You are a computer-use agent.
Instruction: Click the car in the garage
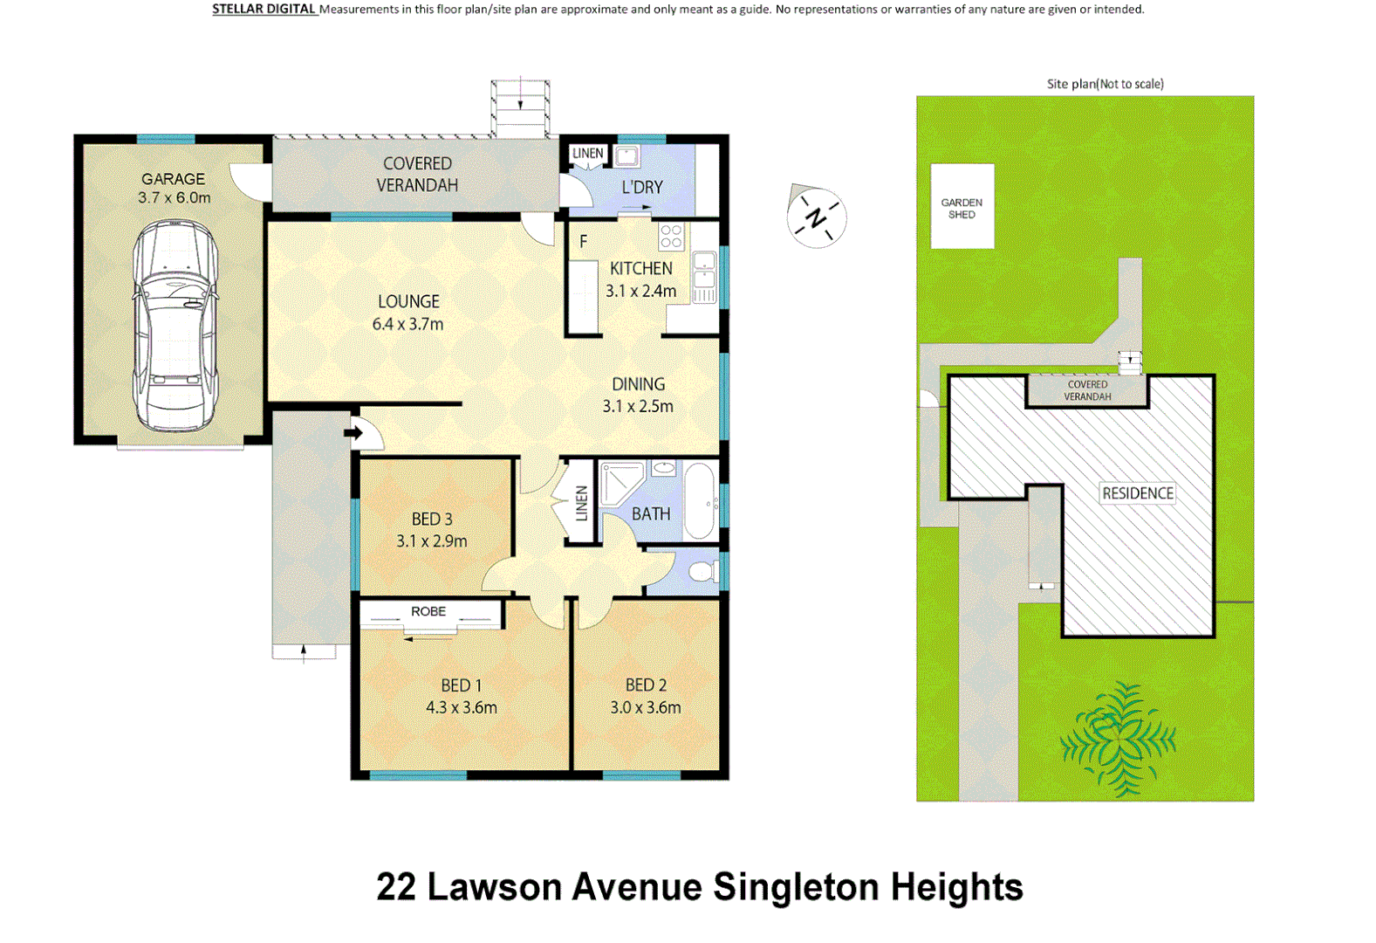[175, 325]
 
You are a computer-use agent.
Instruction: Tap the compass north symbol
[816, 217]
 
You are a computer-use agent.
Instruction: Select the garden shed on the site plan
[962, 207]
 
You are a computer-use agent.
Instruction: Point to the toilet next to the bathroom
[702, 572]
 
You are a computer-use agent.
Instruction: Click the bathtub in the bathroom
[700, 501]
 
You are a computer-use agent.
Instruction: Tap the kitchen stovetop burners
[671, 236]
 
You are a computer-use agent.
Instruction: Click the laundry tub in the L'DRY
[626, 156]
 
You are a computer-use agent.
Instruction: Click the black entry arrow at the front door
[353, 432]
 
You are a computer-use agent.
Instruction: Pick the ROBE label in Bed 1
[428, 611]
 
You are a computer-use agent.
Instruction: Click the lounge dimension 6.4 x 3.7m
[407, 324]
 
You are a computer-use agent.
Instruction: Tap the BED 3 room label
[432, 519]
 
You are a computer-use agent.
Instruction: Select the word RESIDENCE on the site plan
[1137, 493]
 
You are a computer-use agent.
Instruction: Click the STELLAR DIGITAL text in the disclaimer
[264, 9]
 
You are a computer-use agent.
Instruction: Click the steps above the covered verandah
[520, 107]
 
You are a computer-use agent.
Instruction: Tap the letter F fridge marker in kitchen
[583, 242]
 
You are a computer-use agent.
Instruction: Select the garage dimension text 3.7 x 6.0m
[174, 198]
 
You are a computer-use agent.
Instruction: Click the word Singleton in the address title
[796, 887]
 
